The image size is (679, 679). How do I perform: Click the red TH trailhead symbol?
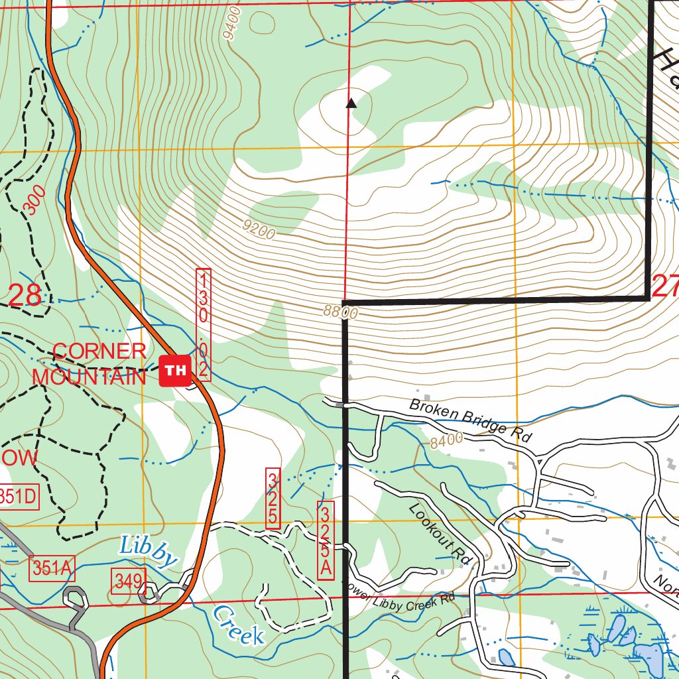175,370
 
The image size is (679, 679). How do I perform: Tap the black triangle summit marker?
351,103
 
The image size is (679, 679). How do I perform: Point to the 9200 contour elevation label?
259,230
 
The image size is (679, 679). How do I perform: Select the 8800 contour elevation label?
341,311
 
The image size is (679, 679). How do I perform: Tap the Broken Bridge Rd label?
471,421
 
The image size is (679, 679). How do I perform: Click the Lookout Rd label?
440,534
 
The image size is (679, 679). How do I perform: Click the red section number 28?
25,295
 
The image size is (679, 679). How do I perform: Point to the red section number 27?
665,287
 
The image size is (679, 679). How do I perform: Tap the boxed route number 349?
128,582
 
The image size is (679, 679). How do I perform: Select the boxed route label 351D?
18,496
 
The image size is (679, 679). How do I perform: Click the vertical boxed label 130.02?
204,324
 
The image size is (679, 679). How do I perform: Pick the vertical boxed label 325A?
325,541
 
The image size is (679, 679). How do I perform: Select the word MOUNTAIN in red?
89,377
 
